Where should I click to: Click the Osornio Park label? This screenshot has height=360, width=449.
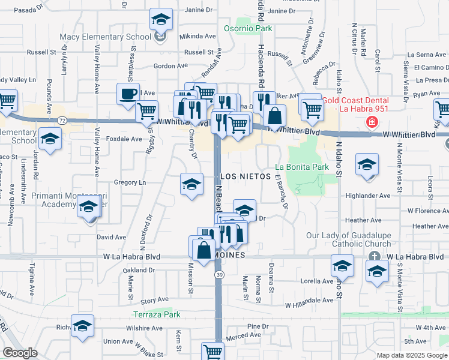tap(248, 28)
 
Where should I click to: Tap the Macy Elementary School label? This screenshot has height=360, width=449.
tap(106, 37)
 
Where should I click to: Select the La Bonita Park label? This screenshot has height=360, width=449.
tap(303, 166)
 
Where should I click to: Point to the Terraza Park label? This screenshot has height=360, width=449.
tap(157, 314)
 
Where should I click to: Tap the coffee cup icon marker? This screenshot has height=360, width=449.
tap(128, 94)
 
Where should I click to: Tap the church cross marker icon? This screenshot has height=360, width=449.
tap(375, 256)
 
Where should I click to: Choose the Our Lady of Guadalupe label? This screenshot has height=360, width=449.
tap(348, 240)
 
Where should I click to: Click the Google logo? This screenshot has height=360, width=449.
tap(20, 353)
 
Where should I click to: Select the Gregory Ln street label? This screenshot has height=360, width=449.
tap(130, 182)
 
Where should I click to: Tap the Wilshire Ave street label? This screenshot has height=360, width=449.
tap(144, 328)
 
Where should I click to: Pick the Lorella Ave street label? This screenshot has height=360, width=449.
tap(317, 281)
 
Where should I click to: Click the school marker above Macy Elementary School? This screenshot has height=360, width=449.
tap(161, 20)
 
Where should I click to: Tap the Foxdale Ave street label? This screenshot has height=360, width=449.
tap(124, 139)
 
